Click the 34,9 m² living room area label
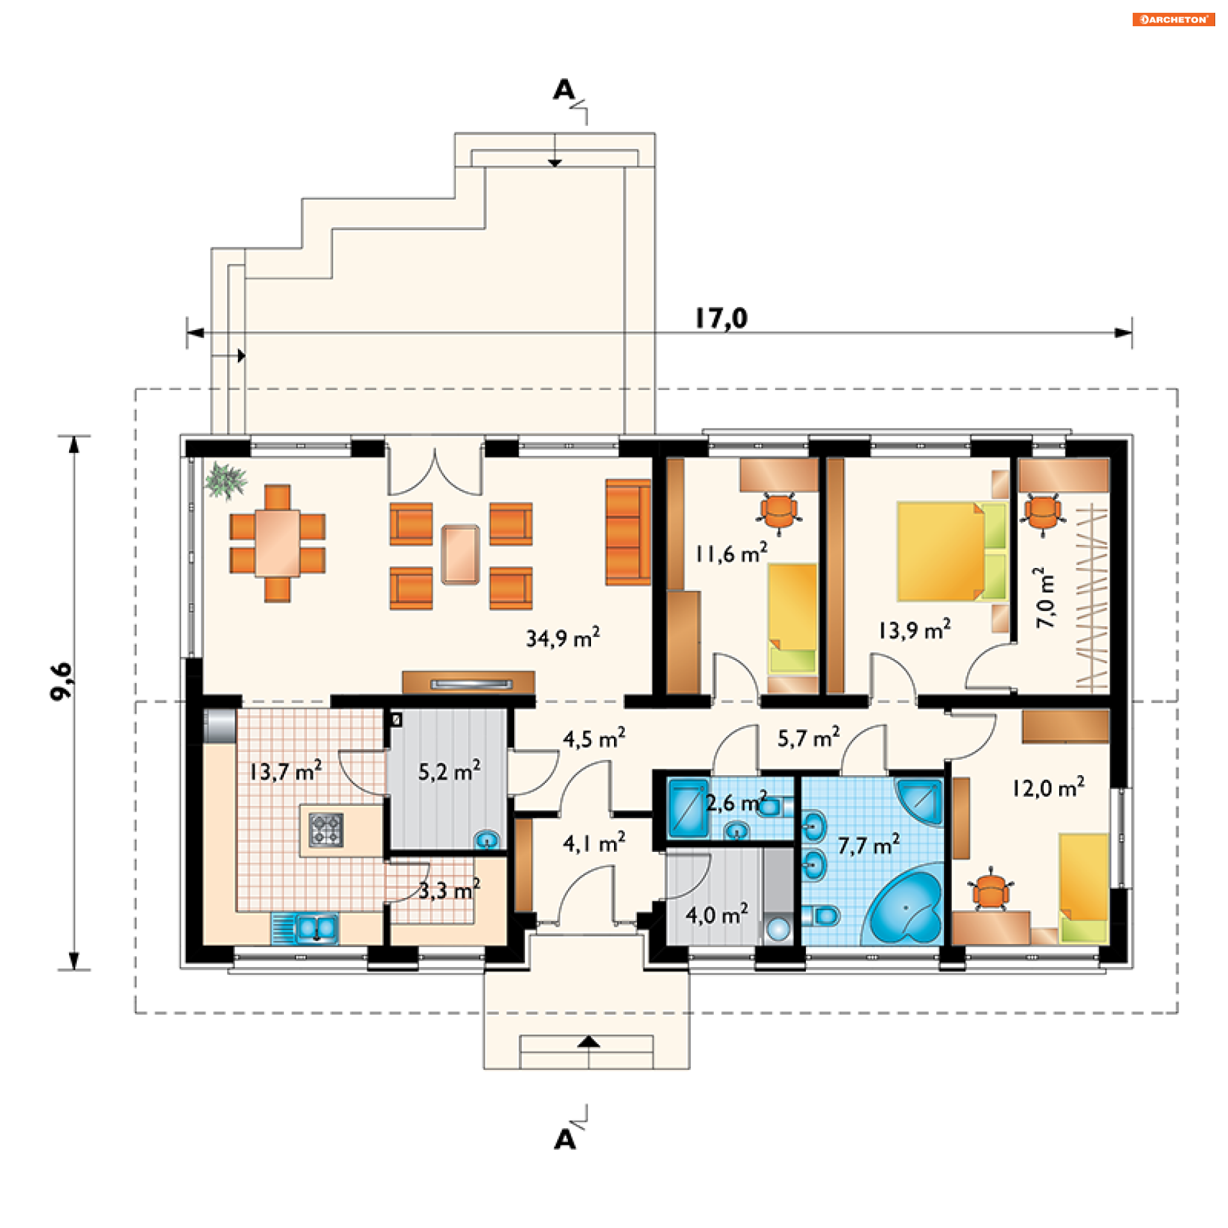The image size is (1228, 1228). (563, 638)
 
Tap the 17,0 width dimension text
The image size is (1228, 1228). (721, 318)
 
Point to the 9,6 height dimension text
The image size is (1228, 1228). (62, 681)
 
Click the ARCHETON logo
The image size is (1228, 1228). (1174, 19)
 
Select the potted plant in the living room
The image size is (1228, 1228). (224, 480)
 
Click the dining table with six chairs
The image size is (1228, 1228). (278, 543)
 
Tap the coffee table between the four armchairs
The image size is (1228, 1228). (460, 555)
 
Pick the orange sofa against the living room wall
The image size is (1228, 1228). (628, 532)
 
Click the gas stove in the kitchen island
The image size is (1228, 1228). (326, 830)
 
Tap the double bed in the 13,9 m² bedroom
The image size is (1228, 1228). (952, 552)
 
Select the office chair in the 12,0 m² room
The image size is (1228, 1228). (991, 890)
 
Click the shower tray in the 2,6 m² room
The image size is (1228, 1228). (688, 808)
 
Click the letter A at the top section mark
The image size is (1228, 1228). (563, 90)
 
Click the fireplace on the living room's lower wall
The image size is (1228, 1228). (469, 682)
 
